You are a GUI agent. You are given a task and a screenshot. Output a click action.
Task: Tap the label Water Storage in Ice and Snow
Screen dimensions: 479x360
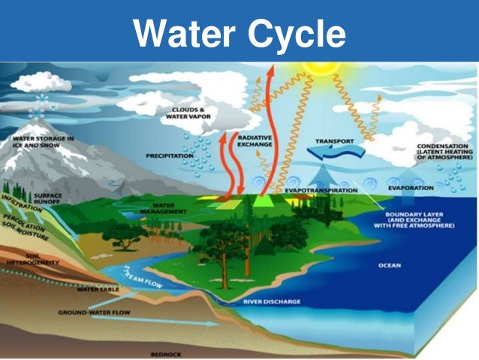point(42,142)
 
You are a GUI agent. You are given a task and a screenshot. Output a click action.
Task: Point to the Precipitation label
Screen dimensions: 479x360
point(171,156)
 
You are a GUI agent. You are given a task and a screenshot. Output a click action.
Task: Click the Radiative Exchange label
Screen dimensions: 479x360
point(255,142)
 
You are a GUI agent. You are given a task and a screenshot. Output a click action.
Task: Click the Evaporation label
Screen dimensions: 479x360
point(411,187)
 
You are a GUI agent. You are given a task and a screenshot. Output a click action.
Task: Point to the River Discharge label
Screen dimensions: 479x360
point(272,301)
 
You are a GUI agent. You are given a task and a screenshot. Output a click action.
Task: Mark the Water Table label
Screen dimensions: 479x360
point(98,289)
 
